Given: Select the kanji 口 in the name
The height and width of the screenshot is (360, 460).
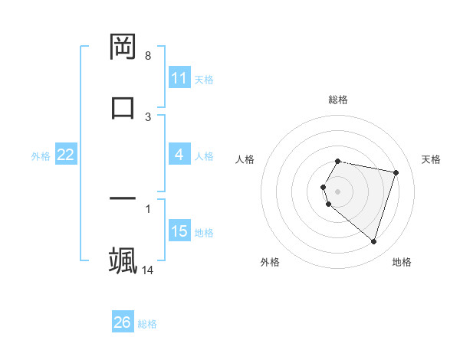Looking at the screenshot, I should coord(123,106).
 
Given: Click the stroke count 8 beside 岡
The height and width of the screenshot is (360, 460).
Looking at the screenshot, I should coord(148,56).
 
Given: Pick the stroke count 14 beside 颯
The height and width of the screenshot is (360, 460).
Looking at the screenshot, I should coord(148,270).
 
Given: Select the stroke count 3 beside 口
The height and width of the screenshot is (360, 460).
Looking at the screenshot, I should coord(148,116).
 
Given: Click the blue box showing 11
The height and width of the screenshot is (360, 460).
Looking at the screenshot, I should coord(179,78).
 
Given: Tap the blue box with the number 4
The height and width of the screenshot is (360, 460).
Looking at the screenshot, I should coord(179,155).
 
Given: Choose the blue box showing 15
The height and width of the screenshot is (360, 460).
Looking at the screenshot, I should coord(179,231).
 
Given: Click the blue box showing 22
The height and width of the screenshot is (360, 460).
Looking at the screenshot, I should coord(66,155).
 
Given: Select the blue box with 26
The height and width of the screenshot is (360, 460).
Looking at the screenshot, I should coord(123,322).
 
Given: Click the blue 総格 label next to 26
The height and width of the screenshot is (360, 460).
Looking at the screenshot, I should coord(147,324).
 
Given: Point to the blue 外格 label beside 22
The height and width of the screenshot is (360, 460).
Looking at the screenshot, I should coord(41,156).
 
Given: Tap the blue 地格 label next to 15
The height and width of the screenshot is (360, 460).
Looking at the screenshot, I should coord(204,233).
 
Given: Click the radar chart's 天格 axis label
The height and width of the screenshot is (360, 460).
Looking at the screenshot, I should coord(432,159).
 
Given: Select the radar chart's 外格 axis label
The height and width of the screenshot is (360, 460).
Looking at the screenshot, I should coord(270,262).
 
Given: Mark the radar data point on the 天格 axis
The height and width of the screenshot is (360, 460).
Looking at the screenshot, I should coord(396,173).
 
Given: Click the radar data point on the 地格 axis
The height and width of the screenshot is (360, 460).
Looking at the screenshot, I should coord(373,242).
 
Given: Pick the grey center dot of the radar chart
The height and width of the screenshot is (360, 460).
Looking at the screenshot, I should coord(337,191).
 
